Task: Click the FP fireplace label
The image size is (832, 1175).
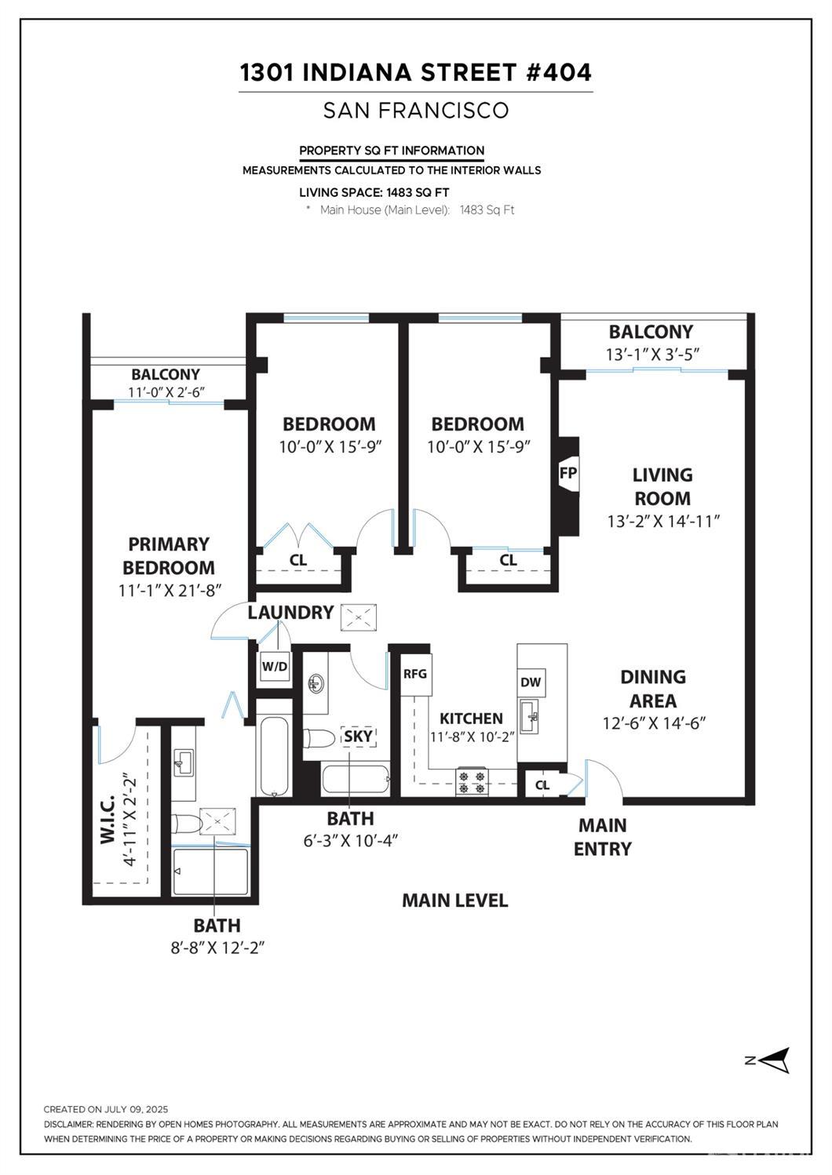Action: [x=567, y=473]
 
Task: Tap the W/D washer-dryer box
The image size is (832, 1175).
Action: [x=274, y=668]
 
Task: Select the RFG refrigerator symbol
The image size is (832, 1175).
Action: [x=415, y=674]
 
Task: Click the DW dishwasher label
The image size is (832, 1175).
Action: [x=531, y=682]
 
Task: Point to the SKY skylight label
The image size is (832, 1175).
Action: [x=359, y=737]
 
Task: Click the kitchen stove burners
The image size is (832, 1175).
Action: [x=473, y=782]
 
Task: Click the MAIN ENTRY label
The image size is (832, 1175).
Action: [x=602, y=837]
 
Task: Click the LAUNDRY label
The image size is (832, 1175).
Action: [x=290, y=613]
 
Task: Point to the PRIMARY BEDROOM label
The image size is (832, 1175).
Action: [x=169, y=555]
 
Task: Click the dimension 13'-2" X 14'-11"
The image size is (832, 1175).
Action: [x=663, y=522]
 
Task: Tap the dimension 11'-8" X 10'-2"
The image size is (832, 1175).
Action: [x=471, y=737]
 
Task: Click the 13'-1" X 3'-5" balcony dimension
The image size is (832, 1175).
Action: [x=651, y=355]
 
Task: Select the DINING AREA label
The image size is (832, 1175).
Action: [x=653, y=688]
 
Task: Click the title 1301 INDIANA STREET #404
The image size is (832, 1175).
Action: [x=415, y=73]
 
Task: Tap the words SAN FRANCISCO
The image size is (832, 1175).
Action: [x=415, y=111]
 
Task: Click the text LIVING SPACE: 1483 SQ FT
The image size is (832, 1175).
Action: [x=374, y=192]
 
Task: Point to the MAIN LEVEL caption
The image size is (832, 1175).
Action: [x=454, y=900]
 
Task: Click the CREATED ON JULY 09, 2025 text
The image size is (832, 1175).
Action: [x=106, y=1109]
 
